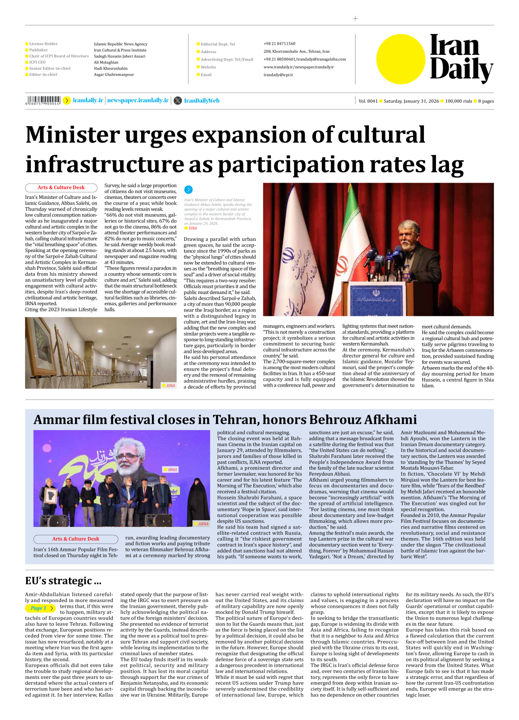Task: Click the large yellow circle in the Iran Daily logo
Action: point(401,59)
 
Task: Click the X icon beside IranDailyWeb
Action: point(178,100)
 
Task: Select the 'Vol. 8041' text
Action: point(368,101)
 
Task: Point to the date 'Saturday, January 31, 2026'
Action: point(411,101)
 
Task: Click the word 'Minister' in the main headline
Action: point(72,135)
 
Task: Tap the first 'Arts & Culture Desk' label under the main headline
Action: point(61,188)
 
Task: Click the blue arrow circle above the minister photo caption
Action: point(188,190)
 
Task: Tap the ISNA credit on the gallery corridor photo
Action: point(169,385)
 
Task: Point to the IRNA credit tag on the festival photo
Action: point(171,470)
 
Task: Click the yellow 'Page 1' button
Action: point(40,608)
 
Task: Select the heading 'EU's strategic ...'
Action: point(63,580)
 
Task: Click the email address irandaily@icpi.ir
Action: point(278,75)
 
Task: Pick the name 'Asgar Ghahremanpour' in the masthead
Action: point(114,75)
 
